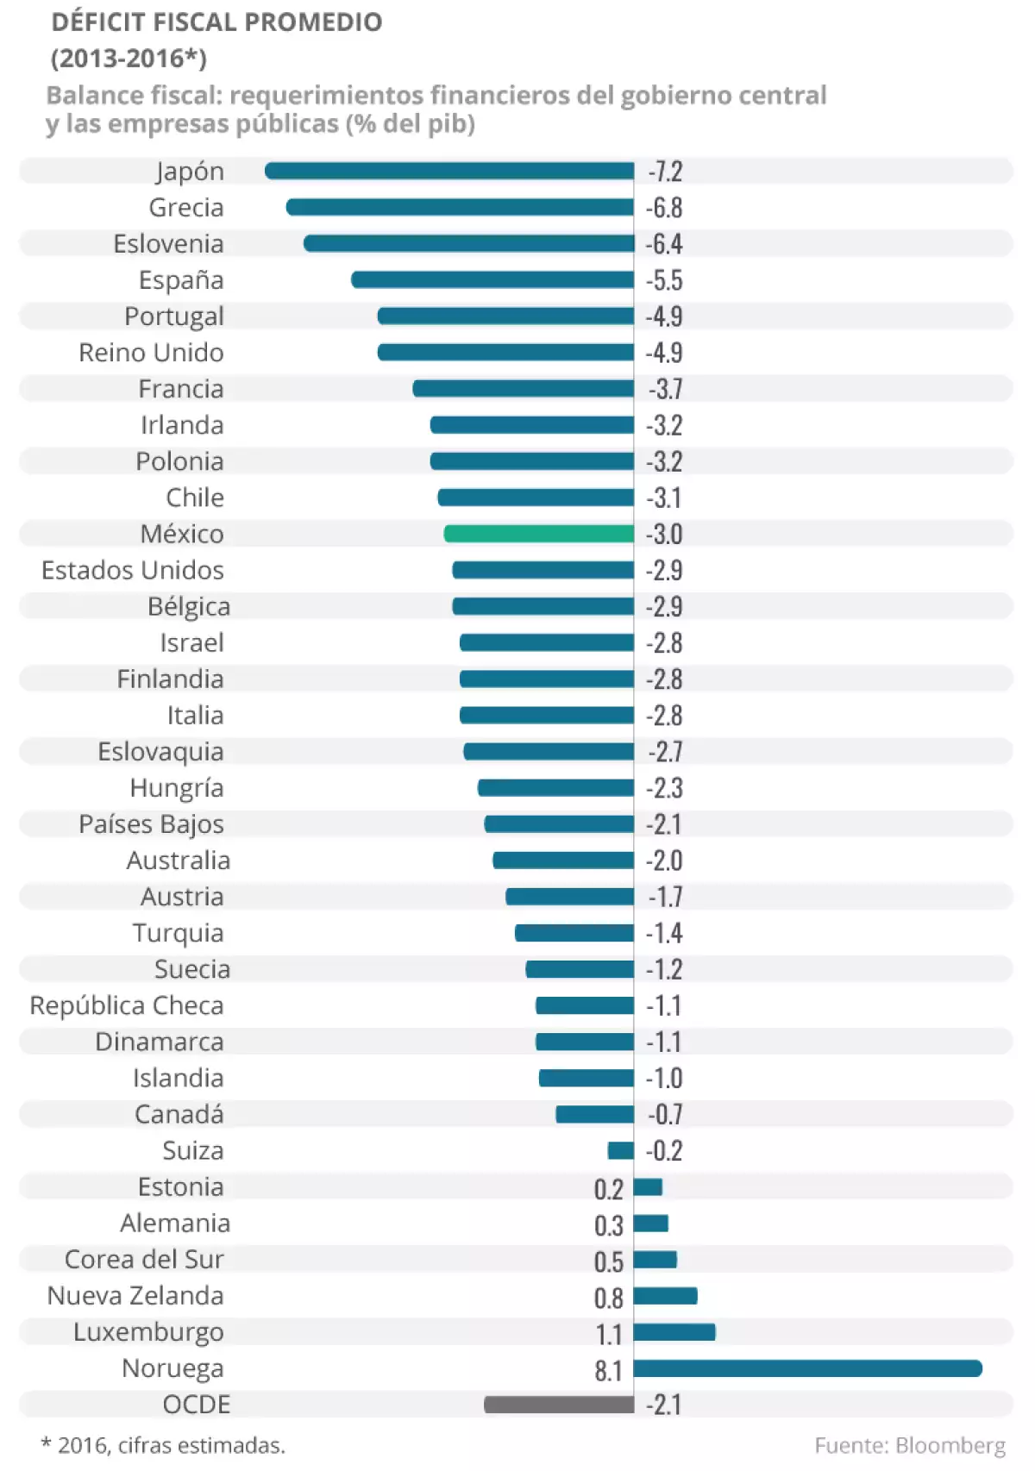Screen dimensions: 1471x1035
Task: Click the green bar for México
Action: [539, 534]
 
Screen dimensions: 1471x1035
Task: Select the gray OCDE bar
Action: [559, 1405]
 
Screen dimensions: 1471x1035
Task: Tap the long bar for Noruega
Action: [807, 1368]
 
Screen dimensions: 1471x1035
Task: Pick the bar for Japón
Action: [449, 171]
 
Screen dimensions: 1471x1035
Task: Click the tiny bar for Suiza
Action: [621, 1150]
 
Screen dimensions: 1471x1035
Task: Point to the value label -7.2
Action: [665, 172]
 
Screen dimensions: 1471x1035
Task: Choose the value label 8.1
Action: [608, 1370]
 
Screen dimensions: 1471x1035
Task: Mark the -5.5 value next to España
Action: [665, 280]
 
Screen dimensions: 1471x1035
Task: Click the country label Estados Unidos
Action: [133, 570]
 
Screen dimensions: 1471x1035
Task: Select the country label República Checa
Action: [127, 1005]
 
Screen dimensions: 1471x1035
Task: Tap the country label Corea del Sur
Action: [144, 1260]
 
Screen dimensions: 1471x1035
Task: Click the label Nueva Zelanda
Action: [135, 1296]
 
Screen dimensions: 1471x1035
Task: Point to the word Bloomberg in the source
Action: [950, 1445]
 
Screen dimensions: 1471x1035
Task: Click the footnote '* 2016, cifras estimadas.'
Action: [163, 1445]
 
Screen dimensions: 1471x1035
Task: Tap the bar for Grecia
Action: [460, 207]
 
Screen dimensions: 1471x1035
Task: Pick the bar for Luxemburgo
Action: [674, 1332]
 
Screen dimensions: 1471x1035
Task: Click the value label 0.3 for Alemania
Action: [608, 1225]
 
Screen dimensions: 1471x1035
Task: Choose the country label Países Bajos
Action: [151, 824]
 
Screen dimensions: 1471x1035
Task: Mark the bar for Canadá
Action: [595, 1114]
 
